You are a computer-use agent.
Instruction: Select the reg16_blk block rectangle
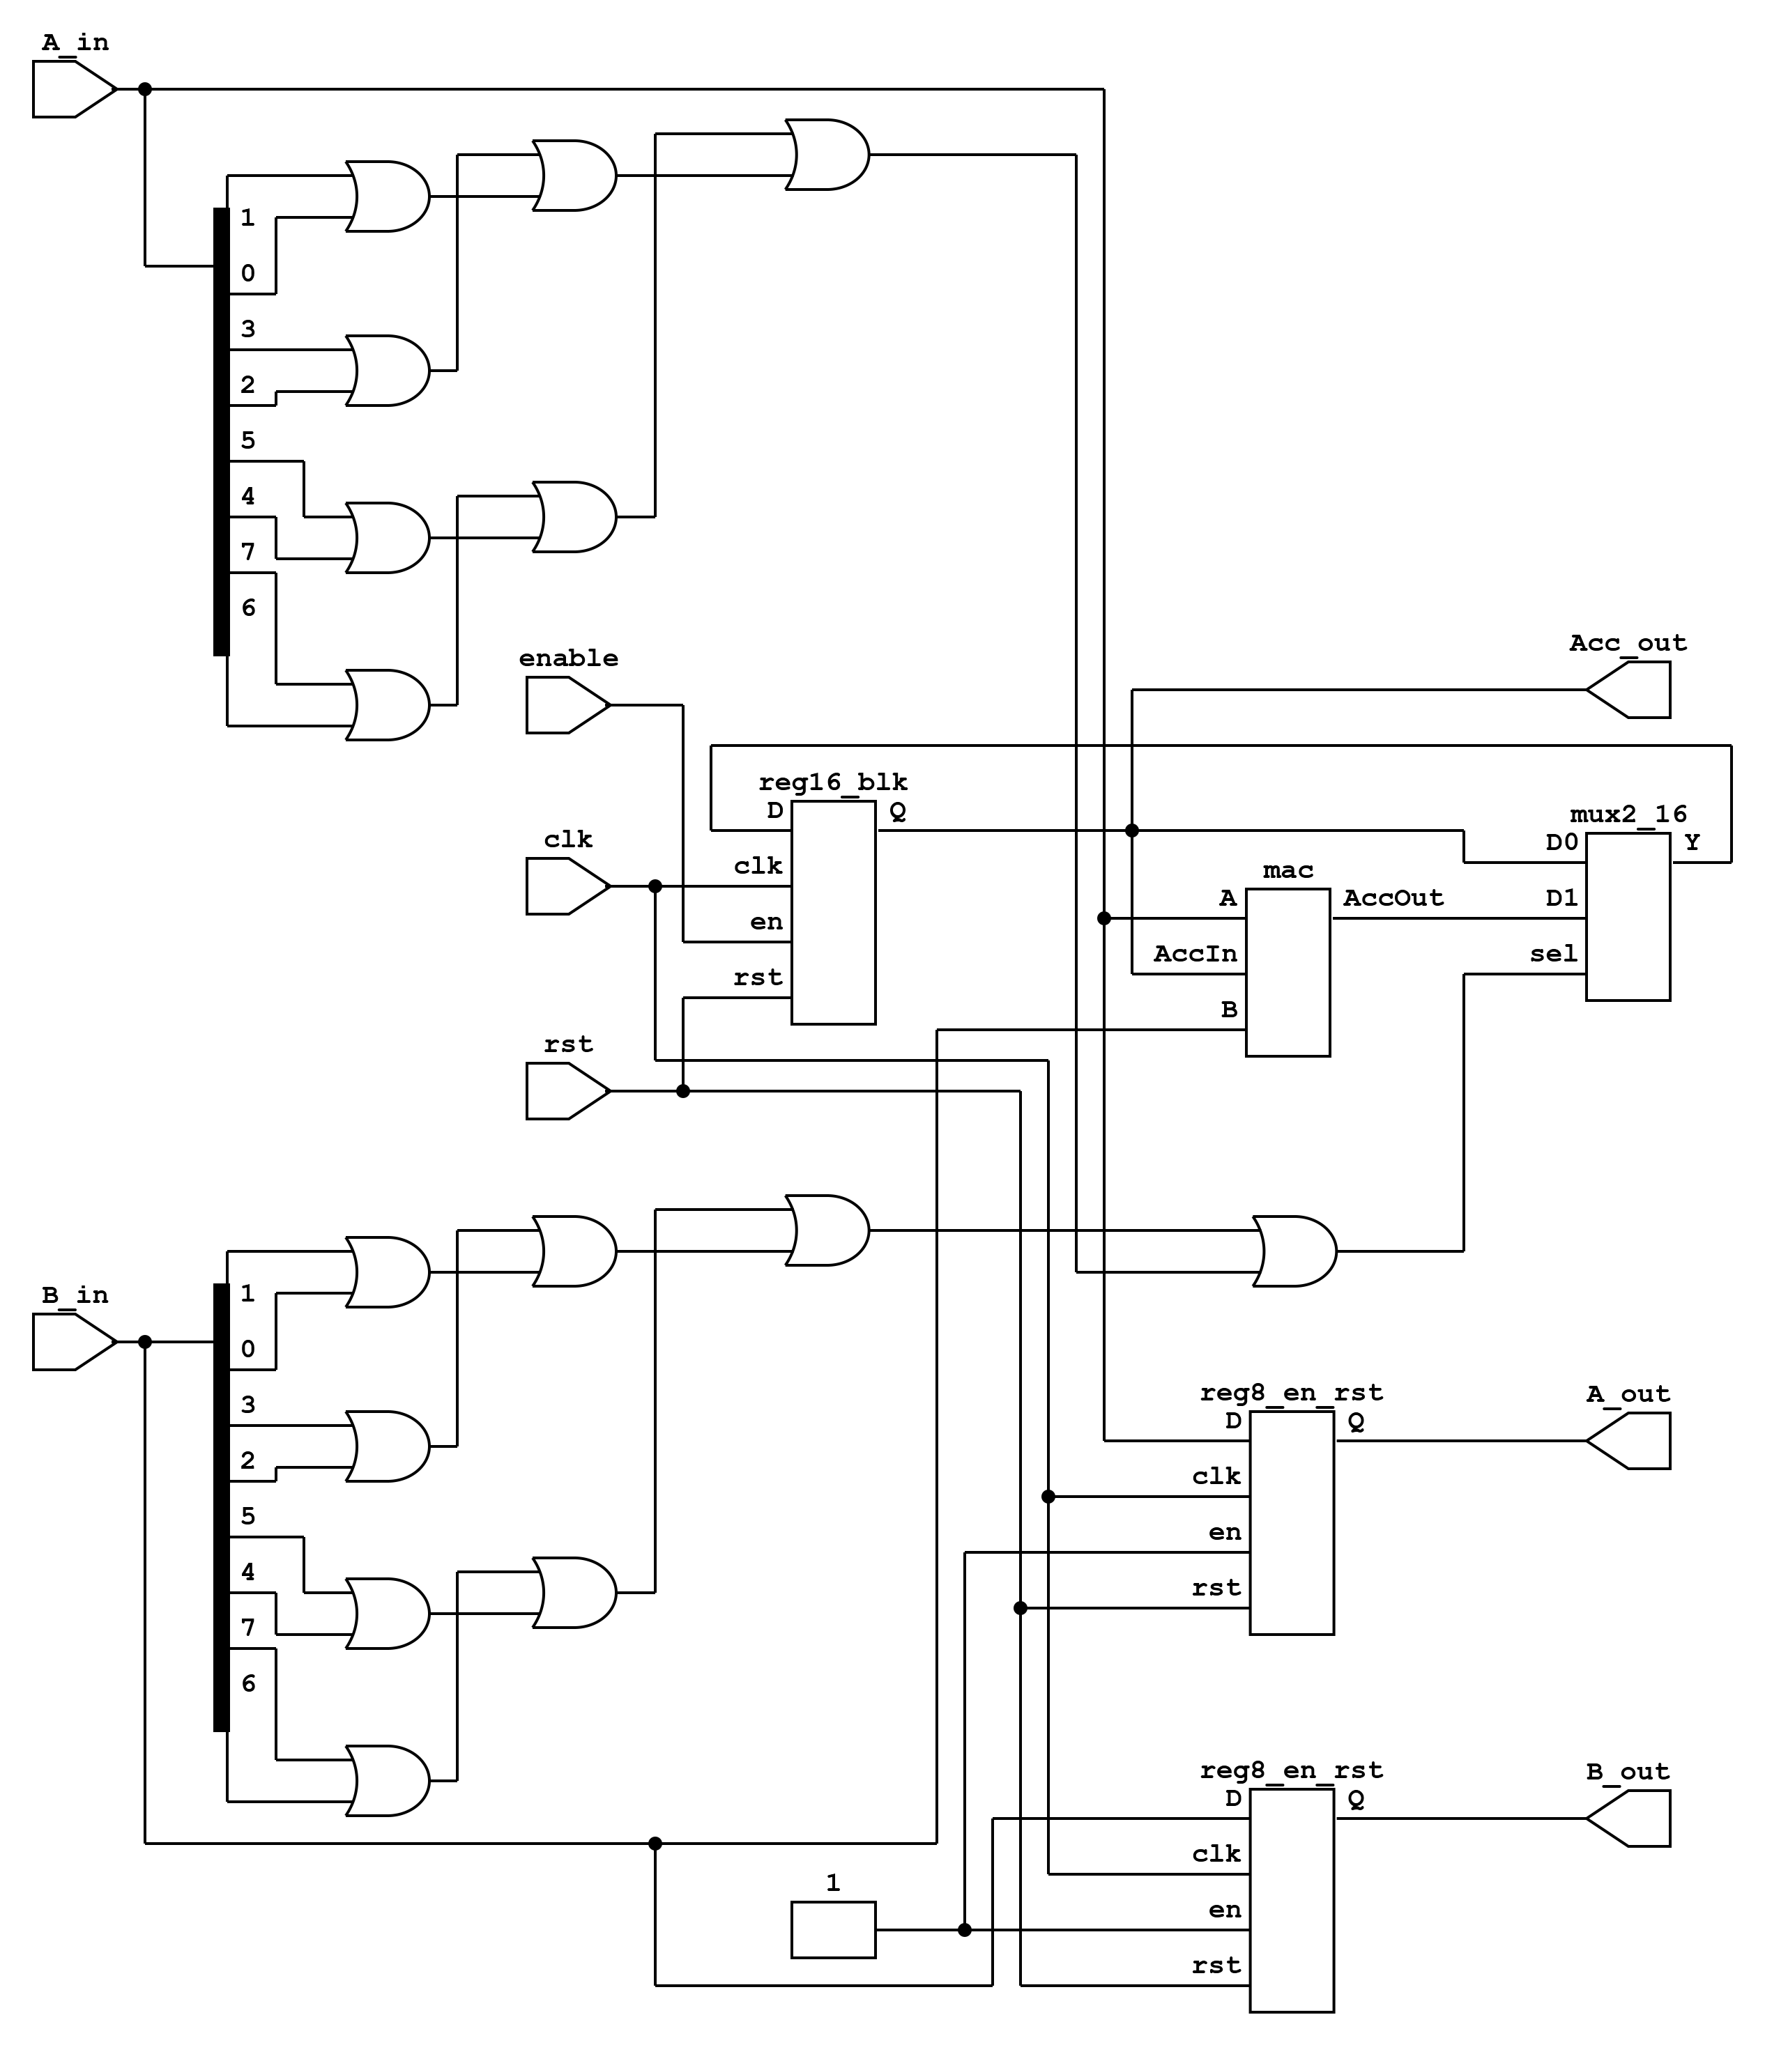pos(833,912)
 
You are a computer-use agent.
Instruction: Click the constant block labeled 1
pos(833,1929)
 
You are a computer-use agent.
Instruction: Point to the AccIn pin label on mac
pos(1195,954)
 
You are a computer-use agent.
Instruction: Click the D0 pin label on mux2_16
pos(1561,842)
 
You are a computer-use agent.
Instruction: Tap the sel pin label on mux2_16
pos(1553,954)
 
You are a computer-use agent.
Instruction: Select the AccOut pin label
pos(1393,898)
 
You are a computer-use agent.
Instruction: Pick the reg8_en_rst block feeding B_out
pos(1291,1900)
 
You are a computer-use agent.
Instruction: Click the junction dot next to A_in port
pos(145,89)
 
